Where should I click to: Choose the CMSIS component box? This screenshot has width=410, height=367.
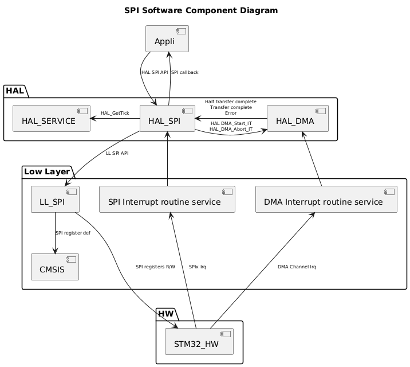(x=54, y=267)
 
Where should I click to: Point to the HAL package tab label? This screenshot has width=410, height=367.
(x=15, y=91)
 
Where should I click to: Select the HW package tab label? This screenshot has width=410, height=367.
(x=167, y=314)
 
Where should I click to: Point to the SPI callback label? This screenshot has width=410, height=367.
(x=184, y=72)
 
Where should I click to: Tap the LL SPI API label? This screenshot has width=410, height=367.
(x=117, y=153)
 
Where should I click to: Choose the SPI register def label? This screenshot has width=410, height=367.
(x=73, y=233)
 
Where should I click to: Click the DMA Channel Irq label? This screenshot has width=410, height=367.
(x=297, y=267)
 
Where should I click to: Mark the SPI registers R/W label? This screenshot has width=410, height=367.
(x=155, y=267)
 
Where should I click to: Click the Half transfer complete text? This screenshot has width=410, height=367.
(x=231, y=101)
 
